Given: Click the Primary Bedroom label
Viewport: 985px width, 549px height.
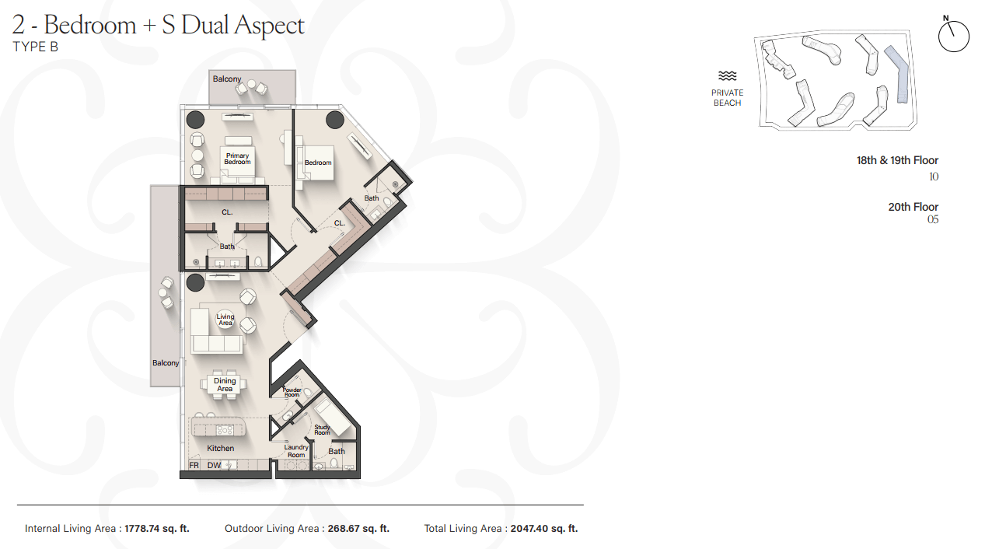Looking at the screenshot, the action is (x=237, y=159).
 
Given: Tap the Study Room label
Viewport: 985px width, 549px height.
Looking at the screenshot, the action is (x=323, y=430).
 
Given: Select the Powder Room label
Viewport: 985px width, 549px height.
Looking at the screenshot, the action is (x=292, y=392).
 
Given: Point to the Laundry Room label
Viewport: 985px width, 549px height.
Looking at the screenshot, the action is (x=296, y=451).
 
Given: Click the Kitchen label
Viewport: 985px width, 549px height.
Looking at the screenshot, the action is (x=220, y=448).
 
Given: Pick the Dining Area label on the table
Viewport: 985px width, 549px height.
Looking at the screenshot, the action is (x=225, y=384).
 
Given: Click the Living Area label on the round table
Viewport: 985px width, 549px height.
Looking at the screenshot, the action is (x=225, y=320).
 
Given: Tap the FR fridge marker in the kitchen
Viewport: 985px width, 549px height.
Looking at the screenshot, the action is (x=194, y=465).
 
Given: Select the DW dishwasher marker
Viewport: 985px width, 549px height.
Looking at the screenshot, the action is (x=214, y=465).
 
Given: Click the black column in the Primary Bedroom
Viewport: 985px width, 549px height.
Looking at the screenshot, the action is (x=195, y=120).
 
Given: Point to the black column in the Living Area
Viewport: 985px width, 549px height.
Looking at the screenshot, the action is (x=195, y=282).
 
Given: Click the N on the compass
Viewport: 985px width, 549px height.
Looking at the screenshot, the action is (x=946, y=18).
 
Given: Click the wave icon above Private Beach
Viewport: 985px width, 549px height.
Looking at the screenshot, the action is (x=728, y=76).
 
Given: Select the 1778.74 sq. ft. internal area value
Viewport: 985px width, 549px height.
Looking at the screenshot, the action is (x=157, y=528).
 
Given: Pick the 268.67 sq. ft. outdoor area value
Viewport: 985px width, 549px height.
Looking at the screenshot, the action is (x=358, y=528).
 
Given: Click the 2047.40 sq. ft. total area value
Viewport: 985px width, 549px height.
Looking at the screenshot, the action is (x=544, y=528).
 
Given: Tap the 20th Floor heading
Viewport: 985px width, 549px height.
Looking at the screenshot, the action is (x=913, y=207).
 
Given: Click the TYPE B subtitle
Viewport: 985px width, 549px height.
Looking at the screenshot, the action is (x=35, y=47).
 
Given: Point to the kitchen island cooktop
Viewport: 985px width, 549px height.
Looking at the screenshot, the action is (x=224, y=430).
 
